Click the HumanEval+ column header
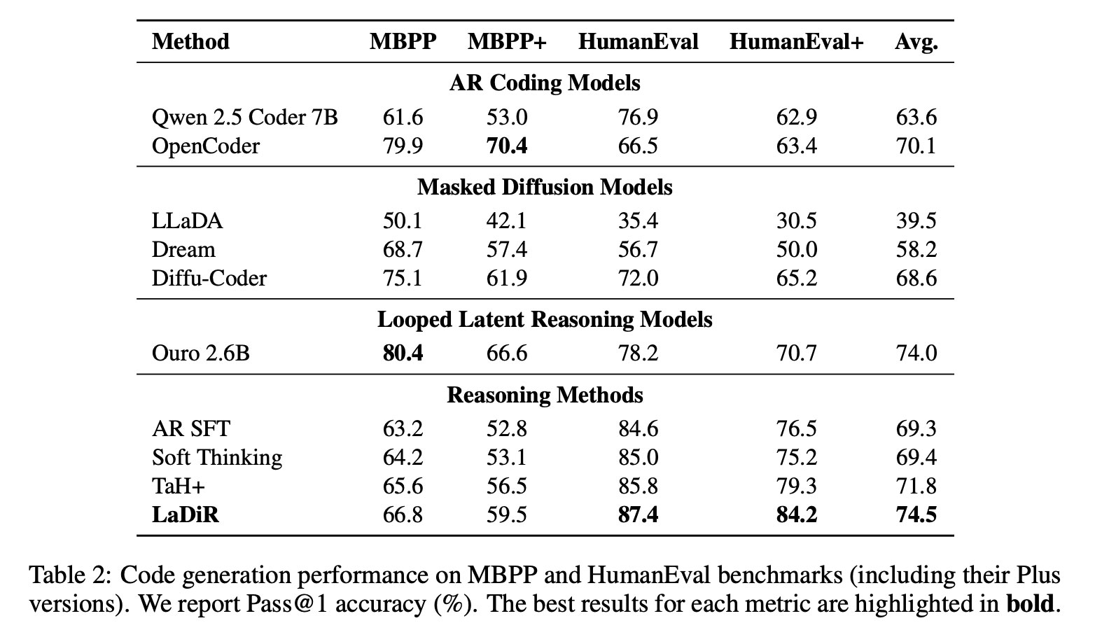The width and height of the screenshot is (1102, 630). point(796,41)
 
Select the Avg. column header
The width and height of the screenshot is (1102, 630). point(916,42)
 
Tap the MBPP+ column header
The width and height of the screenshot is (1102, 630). point(507,41)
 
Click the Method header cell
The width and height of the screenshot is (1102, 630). point(190,41)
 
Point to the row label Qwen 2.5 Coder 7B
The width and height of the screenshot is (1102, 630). point(245,118)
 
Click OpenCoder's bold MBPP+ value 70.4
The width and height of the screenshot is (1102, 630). point(507,146)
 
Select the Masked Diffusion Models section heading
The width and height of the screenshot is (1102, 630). point(545,188)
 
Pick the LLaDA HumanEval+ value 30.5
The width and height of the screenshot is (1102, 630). point(797,220)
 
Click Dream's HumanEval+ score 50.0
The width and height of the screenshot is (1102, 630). point(797,250)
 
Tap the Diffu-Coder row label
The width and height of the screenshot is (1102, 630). point(209,279)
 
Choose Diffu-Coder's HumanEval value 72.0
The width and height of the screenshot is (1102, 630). point(638,279)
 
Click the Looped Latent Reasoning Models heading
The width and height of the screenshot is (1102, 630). point(545,320)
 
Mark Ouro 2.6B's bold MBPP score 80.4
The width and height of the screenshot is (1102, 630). point(403,353)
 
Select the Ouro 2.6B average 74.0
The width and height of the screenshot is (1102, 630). point(916,353)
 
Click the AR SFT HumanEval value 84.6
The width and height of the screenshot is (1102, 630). point(638,429)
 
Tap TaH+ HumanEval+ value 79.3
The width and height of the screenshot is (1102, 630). point(797,486)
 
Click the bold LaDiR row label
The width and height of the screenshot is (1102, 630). point(186,515)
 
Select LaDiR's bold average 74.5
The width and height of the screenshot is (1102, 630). point(916,515)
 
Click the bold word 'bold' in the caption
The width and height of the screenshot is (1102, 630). point(1030,604)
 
